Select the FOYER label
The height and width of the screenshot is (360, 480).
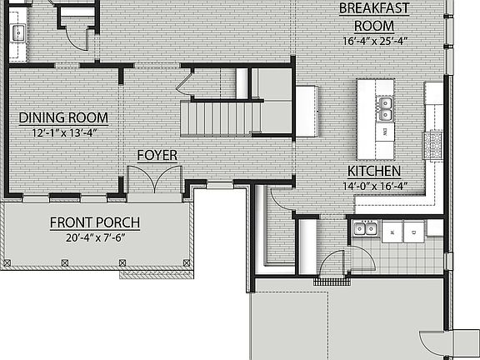pos(156,155)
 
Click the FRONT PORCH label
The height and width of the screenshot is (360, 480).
pos(94,222)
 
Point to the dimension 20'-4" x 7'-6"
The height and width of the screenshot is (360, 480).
pos(94,237)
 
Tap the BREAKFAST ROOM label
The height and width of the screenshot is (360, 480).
pos(372,17)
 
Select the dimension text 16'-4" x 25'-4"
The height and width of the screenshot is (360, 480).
pos(372,40)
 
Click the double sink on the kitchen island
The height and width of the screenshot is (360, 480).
pos(385,105)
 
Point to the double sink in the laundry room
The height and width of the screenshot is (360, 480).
pos(364,229)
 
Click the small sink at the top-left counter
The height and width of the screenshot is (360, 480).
pos(17,32)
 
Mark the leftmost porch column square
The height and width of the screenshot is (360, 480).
pos(8,261)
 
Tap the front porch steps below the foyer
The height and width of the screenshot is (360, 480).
pos(155,272)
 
